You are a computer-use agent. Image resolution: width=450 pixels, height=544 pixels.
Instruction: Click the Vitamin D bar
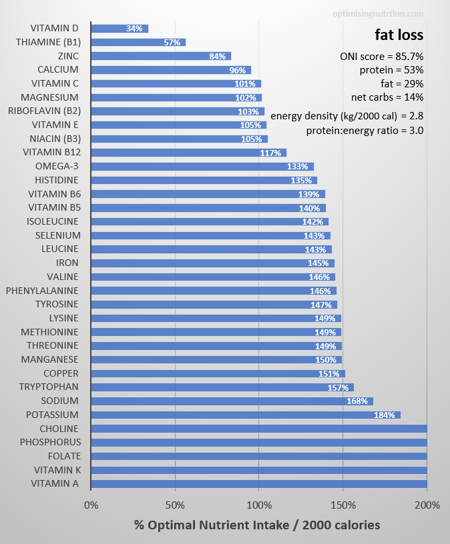tap(119, 29)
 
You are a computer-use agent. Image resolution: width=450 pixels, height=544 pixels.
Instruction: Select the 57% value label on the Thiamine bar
tap(172, 43)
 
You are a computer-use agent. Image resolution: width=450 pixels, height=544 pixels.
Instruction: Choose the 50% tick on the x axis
tap(175, 505)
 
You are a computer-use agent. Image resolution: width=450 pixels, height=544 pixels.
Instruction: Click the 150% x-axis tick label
tap(343, 505)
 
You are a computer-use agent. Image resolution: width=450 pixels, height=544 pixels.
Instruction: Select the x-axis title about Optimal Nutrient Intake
tap(257, 525)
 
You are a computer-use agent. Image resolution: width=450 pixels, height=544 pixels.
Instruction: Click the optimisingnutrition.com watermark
tap(378, 13)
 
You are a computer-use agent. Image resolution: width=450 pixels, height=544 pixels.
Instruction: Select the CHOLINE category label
tap(59, 429)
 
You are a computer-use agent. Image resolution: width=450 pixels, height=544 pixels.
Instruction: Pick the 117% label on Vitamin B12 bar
tap(270, 153)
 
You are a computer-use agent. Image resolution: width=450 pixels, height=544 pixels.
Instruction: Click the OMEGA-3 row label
tap(57, 167)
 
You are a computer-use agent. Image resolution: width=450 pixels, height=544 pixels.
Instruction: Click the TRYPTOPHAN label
tap(49, 387)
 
